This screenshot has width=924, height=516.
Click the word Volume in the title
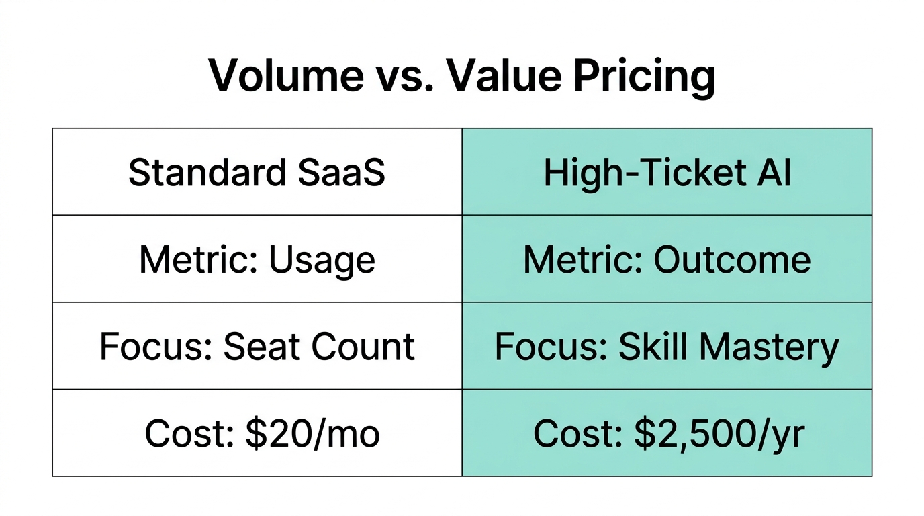(x=285, y=75)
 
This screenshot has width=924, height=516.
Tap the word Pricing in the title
(x=645, y=77)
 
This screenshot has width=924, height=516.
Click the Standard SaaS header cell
(x=257, y=173)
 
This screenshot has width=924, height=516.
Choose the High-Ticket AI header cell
(x=667, y=173)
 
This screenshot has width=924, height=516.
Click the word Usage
(x=322, y=260)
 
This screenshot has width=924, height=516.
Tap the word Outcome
(x=732, y=260)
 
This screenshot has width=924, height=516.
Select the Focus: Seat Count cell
(x=257, y=347)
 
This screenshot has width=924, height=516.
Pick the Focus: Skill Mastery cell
(x=667, y=347)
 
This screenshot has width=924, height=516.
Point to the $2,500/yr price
(x=719, y=434)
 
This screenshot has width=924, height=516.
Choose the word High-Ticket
(x=644, y=173)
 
